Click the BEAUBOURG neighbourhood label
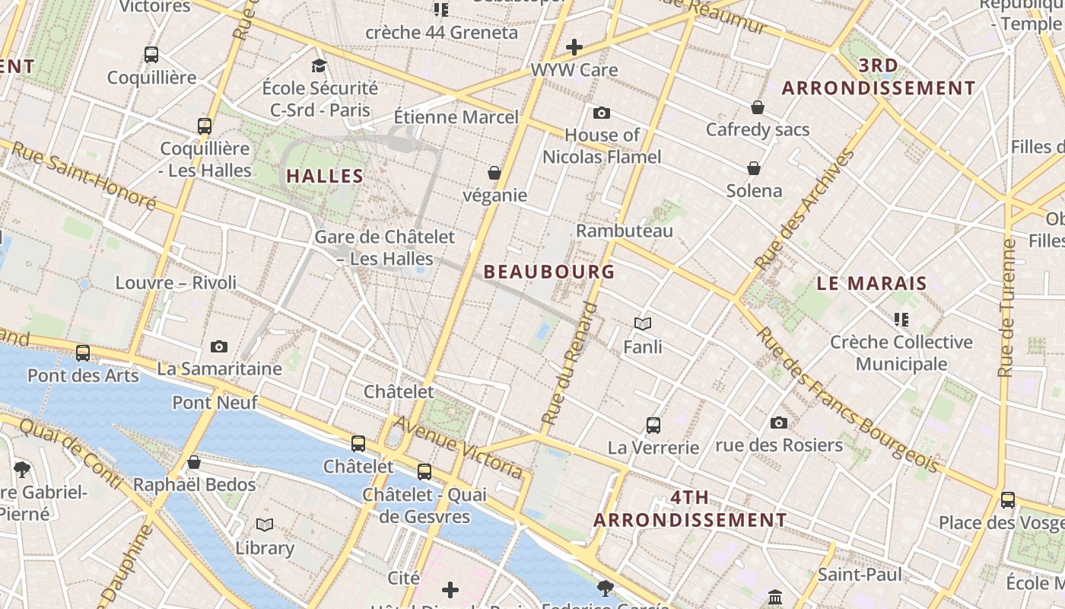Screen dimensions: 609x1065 tap(548, 271)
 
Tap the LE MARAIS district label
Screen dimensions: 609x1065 tap(872, 283)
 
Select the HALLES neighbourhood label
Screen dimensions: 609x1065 tap(325, 176)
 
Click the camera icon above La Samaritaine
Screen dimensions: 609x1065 tap(219, 347)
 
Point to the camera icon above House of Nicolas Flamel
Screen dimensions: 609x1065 tap(602, 113)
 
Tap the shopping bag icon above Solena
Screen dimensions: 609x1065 tap(754, 168)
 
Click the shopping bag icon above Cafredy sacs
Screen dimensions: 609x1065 tap(757, 107)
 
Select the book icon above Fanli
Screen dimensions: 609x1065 tap(643, 324)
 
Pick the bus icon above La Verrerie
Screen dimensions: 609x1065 tap(653, 426)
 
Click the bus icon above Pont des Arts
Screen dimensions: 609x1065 tap(83, 353)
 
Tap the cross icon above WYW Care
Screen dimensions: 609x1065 tap(574, 47)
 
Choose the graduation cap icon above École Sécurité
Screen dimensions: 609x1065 tap(319, 66)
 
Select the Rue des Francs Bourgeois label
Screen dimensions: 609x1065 tap(847, 399)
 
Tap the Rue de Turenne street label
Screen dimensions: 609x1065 tap(1008, 308)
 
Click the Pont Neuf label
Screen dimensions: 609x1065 tap(215, 402)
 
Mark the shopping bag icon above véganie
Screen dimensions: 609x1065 tap(494, 174)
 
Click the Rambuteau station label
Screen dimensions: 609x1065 tap(625, 231)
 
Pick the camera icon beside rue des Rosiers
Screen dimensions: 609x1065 tap(779, 423)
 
